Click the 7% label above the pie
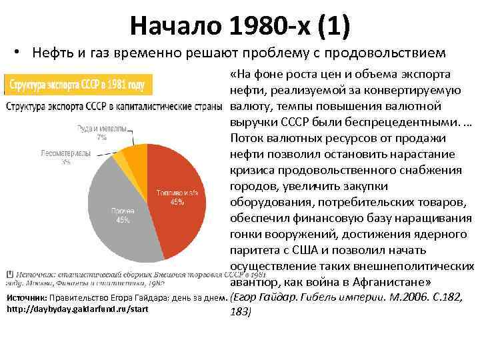[x=101, y=137]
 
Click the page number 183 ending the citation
[x=239, y=311]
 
